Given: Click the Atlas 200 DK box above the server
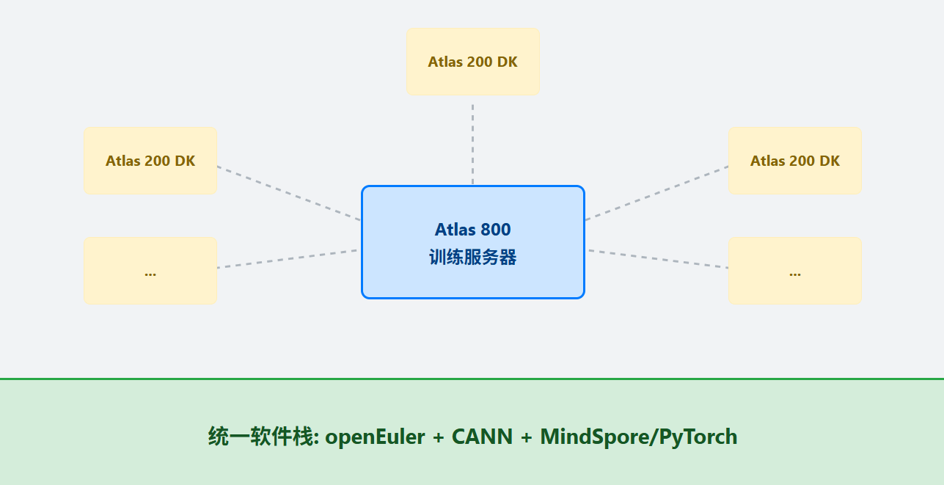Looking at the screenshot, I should (472, 62).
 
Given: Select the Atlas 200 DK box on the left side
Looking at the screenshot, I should (150, 161).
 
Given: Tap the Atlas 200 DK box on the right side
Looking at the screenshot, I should (795, 161).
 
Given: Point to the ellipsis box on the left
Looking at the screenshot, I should (150, 271).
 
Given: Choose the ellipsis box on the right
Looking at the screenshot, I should (795, 271).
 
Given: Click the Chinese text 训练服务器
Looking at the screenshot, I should (472, 258).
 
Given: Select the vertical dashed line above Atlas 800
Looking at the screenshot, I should (472, 143).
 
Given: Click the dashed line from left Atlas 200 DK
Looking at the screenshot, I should (288, 193).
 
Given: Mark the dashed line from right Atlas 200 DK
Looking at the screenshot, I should (657, 193).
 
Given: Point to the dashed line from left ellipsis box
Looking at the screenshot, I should (288, 259).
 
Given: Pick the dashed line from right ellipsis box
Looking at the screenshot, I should (658, 259).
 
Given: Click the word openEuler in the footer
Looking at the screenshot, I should (375, 437).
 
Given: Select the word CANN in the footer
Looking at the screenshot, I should (482, 437).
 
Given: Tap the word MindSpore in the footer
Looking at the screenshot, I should (595, 437).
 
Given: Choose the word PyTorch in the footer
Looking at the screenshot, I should (698, 437).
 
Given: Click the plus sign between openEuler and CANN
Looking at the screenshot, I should (439, 437).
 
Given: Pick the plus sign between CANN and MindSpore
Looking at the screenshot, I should (527, 437).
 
